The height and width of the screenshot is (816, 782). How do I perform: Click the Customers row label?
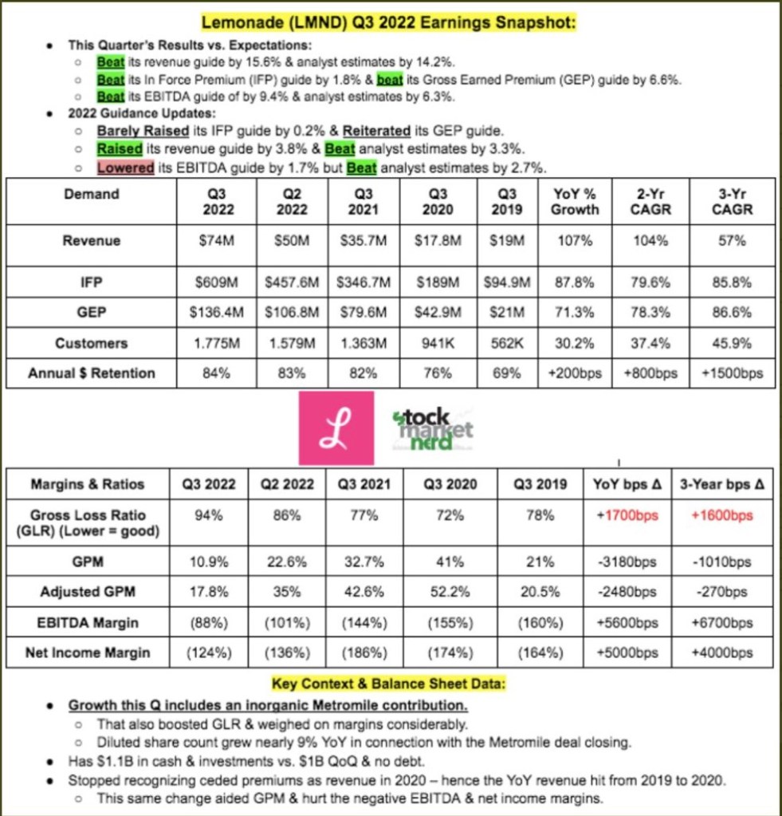(91, 343)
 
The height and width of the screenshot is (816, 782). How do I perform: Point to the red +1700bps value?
(628, 515)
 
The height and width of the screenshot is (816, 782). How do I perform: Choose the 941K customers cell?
(438, 343)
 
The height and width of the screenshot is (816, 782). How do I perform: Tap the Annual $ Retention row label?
(91, 373)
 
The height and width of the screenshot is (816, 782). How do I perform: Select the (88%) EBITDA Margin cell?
(209, 622)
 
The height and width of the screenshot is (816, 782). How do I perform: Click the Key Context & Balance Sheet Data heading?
(390, 684)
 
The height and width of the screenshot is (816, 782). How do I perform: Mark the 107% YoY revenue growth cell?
(576, 241)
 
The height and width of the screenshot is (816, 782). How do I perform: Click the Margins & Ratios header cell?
(88, 484)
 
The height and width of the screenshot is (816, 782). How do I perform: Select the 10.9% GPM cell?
(209, 562)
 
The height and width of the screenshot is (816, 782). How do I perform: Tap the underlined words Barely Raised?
(143, 131)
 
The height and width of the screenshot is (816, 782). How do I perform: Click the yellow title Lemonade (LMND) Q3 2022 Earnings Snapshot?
(389, 23)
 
